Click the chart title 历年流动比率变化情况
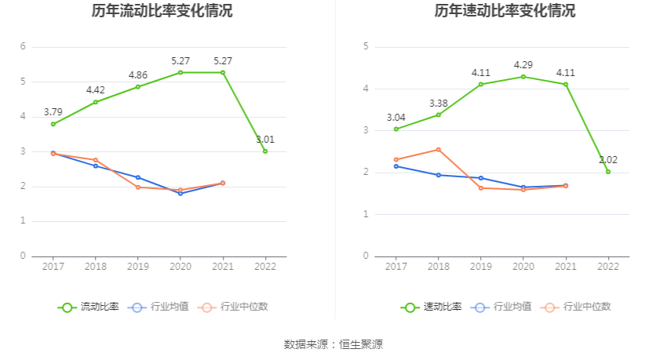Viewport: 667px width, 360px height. [x=162, y=11]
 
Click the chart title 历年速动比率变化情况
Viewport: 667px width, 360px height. [x=505, y=11]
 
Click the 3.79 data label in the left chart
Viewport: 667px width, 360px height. [x=53, y=112]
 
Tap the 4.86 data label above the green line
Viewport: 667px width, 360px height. [x=138, y=75]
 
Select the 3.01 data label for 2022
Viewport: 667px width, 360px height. [x=265, y=140]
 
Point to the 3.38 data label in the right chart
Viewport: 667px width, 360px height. [x=439, y=104]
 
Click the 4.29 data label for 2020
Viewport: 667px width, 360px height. [x=523, y=64]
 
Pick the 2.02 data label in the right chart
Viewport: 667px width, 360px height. [x=608, y=160]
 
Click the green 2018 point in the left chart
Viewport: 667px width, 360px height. [x=96, y=102]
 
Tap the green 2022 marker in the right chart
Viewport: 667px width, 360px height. [x=608, y=172]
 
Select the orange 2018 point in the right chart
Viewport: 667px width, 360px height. [x=439, y=149]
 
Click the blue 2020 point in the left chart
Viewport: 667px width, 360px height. [x=180, y=193]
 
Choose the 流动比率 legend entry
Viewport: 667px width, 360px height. [x=89, y=307]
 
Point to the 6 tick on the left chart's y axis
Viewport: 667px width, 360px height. [x=24, y=47]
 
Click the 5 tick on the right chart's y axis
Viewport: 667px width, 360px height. [x=366, y=47]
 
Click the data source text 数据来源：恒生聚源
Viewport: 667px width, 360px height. [x=333, y=344]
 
